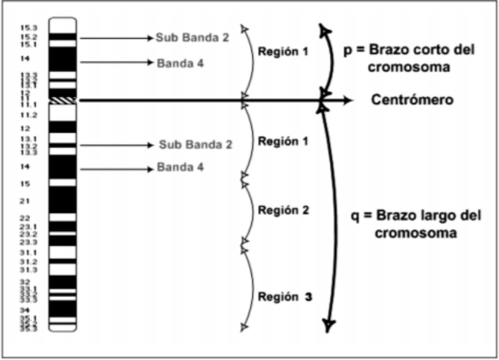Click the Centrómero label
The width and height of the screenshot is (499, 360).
[x=411, y=100]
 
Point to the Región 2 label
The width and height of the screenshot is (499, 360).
[x=284, y=210]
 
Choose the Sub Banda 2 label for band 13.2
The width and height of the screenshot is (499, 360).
[x=195, y=145]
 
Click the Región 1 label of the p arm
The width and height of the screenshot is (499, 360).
[x=284, y=52]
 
